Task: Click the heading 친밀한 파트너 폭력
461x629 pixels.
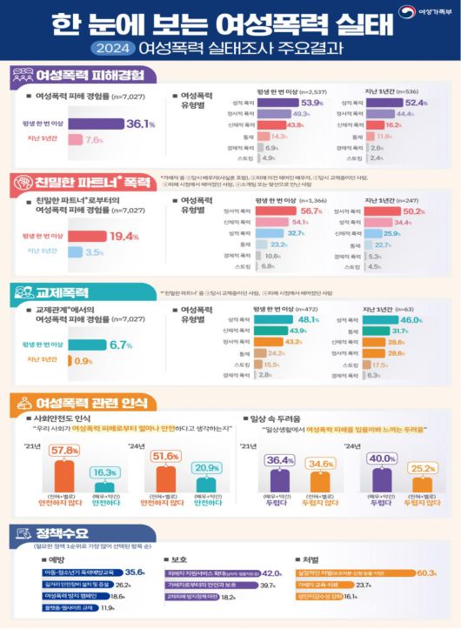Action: [84, 183]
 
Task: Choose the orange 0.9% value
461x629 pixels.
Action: [84, 360]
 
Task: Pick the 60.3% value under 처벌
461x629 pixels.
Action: [425, 572]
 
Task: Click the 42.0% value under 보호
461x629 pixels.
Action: [271, 573]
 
